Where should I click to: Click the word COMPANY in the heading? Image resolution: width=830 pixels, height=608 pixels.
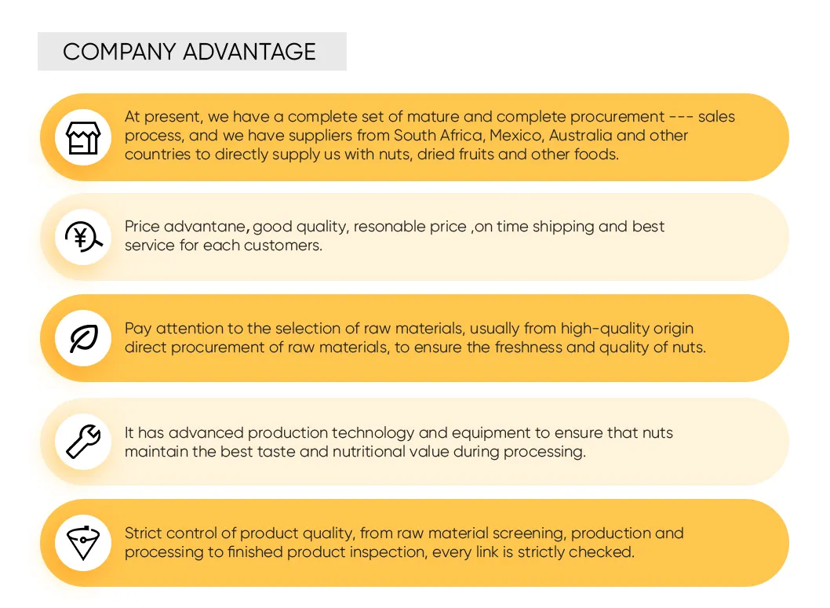click(119, 52)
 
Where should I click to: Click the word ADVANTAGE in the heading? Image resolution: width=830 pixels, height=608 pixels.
click(249, 52)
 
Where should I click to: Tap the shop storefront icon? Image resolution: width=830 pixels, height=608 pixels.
click(83, 137)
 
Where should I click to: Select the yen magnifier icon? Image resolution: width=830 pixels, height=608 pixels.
click(83, 237)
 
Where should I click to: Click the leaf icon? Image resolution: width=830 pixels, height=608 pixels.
click(84, 338)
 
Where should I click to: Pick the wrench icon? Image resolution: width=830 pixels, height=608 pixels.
click(83, 442)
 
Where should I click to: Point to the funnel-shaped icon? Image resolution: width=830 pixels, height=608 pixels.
click(83, 543)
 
